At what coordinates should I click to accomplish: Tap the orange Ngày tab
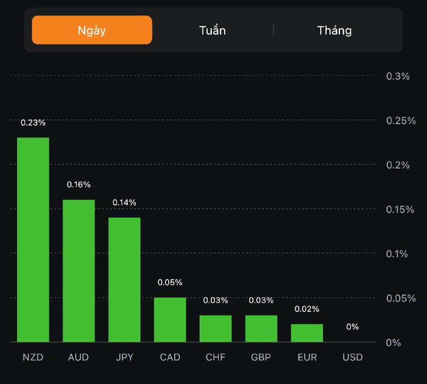click(92, 30)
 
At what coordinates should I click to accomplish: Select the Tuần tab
click(212, 30)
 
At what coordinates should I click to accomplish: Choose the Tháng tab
click(335, 30)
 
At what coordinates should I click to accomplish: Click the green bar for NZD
click(33, 240)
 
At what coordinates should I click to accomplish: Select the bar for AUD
click(79, 271)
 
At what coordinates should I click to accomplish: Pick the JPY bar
click(124, 279)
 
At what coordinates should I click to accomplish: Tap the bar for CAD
click(170, 319)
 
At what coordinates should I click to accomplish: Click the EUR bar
click(307, 333)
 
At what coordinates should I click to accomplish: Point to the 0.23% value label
click(33, 122)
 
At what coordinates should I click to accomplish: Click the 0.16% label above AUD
click(79, 185)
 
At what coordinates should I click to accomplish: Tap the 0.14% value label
click(124, 202)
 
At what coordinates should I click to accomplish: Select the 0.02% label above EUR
click(307, 309)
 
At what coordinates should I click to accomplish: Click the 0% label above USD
click(352, 326)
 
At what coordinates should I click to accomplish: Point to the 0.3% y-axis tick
click(398, 76)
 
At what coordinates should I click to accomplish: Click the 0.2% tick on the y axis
click(398, 165)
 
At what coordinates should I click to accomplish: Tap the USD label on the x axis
click(352, 357)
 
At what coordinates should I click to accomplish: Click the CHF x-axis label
click(216, 357)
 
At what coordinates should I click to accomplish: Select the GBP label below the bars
click(261, 357)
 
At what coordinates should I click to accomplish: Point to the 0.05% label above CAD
click(170, 282)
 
